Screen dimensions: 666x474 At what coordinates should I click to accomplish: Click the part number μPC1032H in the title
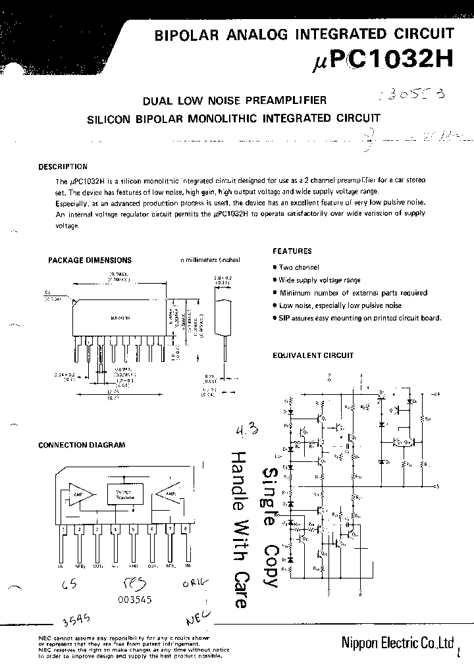coord(381,61)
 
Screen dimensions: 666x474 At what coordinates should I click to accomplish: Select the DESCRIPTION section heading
coord(63,167)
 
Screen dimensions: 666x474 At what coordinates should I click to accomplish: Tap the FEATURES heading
coord(292,251)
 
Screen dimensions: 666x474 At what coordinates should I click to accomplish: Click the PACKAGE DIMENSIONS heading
coord(90,261)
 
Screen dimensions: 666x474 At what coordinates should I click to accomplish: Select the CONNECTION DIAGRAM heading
coord(82,445)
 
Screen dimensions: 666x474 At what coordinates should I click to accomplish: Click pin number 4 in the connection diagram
coord(115,528)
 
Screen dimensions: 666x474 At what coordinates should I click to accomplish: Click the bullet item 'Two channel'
coord(298,267)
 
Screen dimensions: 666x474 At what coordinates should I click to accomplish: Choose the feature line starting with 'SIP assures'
coord(359,318)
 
